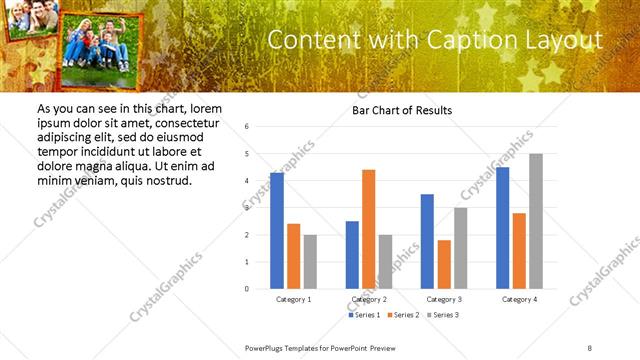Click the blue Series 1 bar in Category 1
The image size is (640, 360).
click(277, 231)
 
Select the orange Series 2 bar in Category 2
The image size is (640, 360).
click(368, 229)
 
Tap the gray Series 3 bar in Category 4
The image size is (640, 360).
click(536, 221)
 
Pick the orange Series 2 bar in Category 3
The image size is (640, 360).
click(444, 264)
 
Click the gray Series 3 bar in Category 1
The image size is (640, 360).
click(310, 262)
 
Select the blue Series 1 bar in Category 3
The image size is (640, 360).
click(427, 241)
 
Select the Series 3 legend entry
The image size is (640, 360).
click(444, 315)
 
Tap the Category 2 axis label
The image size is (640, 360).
click(369, 299)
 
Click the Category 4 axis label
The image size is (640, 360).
click(519, 299)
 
